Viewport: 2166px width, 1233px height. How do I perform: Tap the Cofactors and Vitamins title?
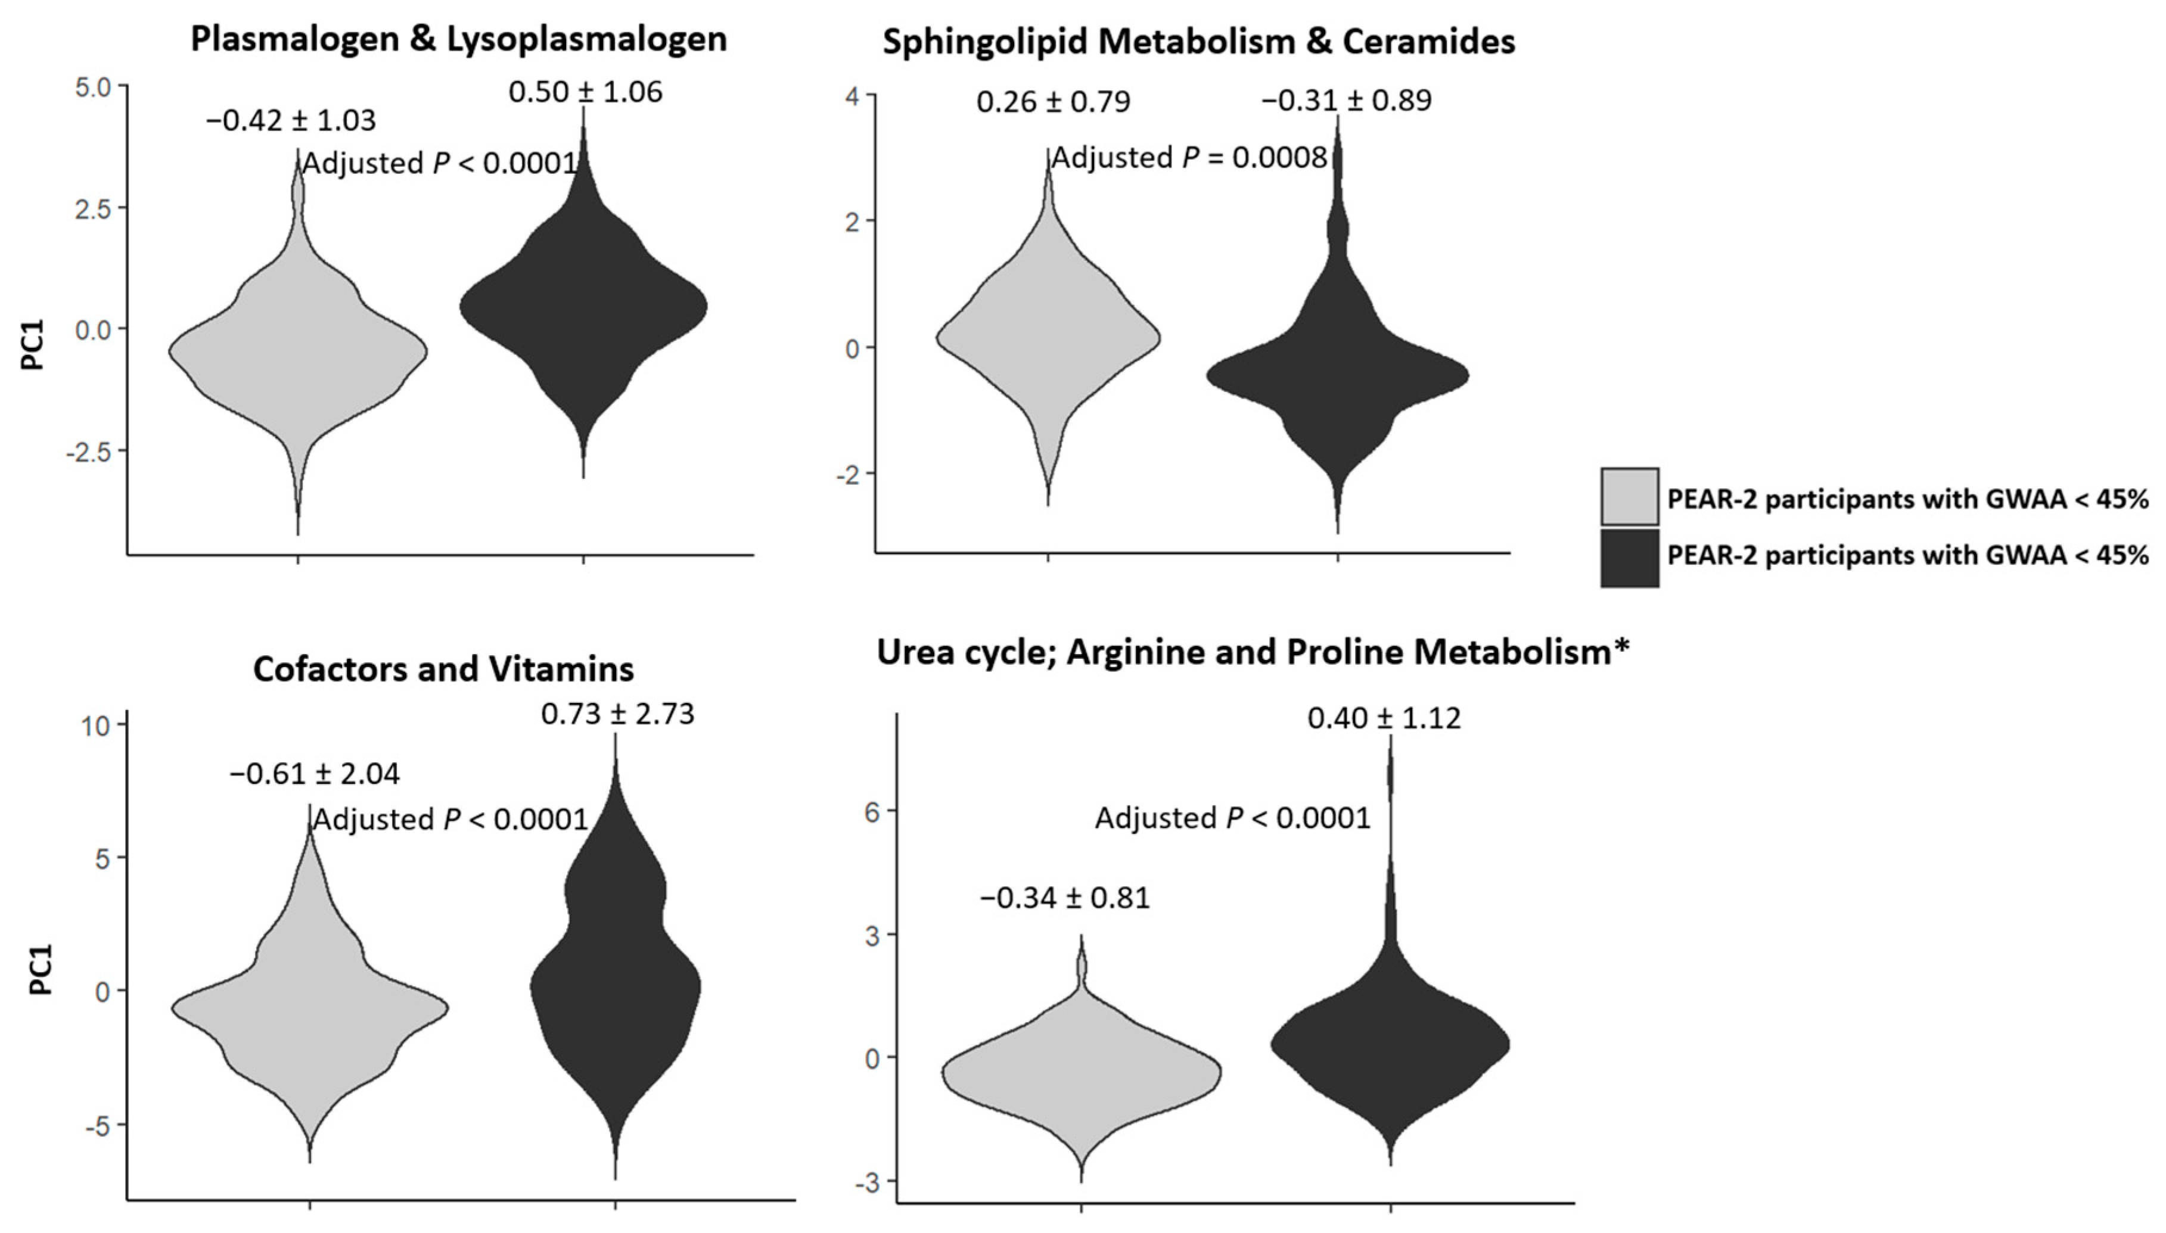point(443,669)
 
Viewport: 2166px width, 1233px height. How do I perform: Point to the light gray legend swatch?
point(1629,496)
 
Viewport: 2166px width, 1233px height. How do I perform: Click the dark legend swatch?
point(1629,557)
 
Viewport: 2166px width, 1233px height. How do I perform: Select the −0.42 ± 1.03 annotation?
point(291,120)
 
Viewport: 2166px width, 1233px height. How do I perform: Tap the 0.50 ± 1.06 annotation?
point(585,92)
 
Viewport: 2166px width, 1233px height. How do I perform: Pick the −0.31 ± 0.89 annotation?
point(1346,100)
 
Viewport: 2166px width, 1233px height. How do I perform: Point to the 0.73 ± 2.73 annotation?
point(617,714)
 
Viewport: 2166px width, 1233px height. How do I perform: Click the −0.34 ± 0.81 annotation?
point(1065,897)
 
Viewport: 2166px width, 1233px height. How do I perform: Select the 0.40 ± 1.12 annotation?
point(1384,718)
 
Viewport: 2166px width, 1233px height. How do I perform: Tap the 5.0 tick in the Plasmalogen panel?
point(92,87)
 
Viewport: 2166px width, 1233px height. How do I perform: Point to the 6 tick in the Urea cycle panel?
point(874,811)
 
